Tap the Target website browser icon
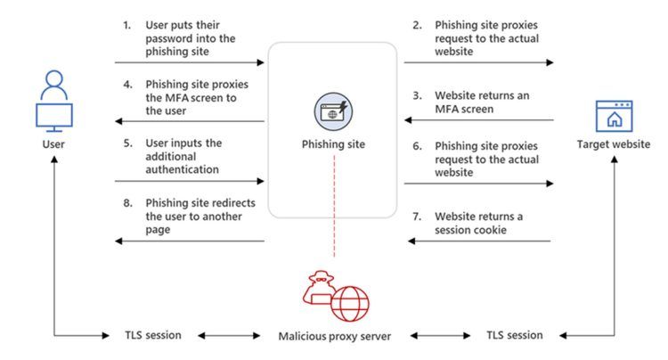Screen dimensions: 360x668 (614, 117)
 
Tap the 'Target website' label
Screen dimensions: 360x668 (614, 144)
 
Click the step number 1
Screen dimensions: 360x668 (126, 25)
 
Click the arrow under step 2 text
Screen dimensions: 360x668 (478, 62)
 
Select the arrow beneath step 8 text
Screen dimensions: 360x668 (190, 241)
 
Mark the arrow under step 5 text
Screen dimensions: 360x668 (190, 181)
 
